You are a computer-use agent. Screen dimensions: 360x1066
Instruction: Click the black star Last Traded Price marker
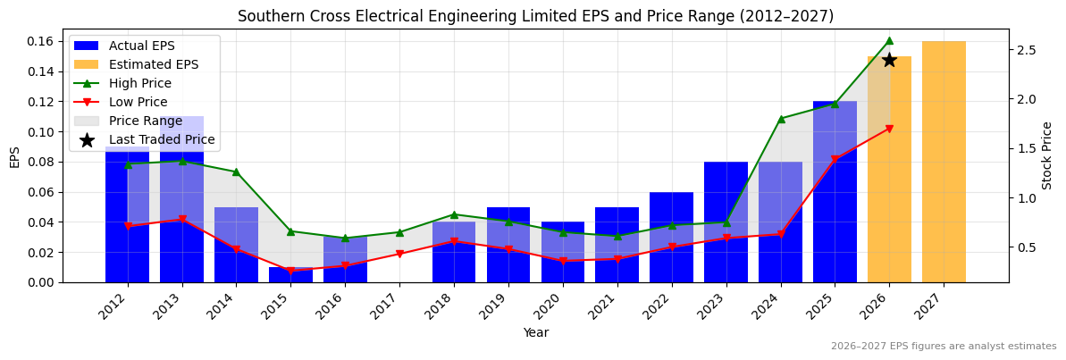tap(889, 60)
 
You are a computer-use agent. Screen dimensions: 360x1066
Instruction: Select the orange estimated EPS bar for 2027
tap(944, 162)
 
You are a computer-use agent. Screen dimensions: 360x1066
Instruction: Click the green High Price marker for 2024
tap(781, 119)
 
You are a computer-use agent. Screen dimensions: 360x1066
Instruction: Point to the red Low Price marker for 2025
tap(835, 160)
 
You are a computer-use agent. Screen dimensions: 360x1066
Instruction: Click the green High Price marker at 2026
tap(889, 40)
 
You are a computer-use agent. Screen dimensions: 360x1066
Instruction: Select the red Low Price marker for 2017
tap(399, 254)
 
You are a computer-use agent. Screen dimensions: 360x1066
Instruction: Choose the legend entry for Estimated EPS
tap(153, 64)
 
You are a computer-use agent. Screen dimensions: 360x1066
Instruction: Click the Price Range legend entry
tap(145, 121)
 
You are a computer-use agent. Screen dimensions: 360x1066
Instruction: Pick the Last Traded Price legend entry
tap(161, 139)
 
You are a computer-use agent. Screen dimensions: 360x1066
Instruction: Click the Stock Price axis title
tap(1047, 155)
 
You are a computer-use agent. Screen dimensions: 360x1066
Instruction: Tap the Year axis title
tap(535, 333)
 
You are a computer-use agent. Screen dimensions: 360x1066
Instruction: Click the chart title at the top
tap(535, 16)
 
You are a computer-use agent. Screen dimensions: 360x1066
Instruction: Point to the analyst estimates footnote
tap(943, 347)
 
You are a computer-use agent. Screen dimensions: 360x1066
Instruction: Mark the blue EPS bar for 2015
tap(290, 274)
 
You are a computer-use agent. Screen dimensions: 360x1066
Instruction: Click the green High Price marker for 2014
tap(236, 172)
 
